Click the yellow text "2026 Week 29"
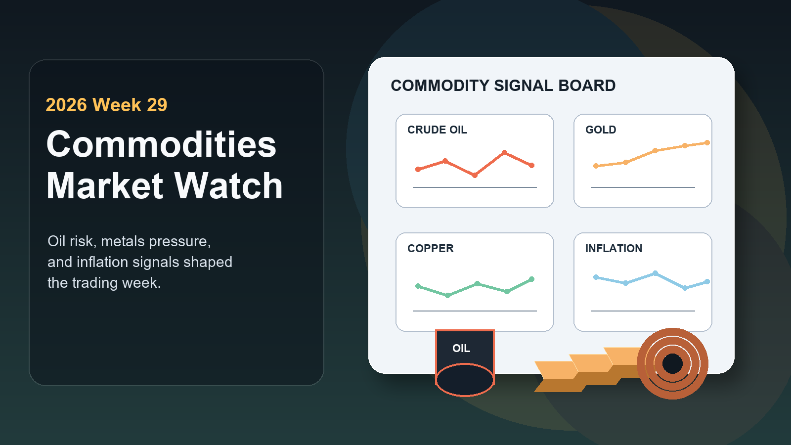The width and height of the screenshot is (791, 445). (106, 105)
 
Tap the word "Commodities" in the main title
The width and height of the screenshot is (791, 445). (161, 144)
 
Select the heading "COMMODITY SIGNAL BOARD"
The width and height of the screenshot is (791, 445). (503, 86)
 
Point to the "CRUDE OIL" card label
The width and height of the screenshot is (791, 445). (437, 130)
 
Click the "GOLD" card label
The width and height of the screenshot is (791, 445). (601, 130)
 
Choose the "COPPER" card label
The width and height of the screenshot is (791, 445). (431, 248)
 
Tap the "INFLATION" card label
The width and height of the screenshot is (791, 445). (614, 248)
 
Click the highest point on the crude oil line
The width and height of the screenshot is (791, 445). (505, 153)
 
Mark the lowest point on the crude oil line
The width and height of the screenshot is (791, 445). (475, 175)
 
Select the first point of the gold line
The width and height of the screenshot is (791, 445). (596, 166)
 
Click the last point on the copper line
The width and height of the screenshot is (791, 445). (532, 279)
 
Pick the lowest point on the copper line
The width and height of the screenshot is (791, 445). (448, 295)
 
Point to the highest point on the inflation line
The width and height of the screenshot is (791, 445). (656, 273)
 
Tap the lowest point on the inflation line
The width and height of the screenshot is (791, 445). (685, 288)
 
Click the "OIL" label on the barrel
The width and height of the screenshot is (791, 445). (461, 348)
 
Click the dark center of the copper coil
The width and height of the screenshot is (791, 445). (672, 363)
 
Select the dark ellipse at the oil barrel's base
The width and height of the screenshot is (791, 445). (465, 380)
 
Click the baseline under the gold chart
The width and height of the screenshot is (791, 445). (643, 187)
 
